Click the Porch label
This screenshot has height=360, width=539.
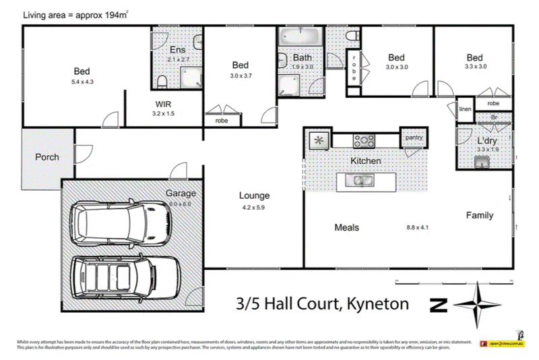click(x=46, y=157)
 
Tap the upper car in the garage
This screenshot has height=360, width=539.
click(x=120, y=225)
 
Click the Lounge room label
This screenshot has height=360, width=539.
click(x=254, y=196)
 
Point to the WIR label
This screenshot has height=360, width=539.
click(x=163, y=104)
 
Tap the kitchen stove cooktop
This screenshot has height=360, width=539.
click(x=364, y=140)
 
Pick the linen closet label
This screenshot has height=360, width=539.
click(x=465, y=109)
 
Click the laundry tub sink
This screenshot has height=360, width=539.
click(x=482, y=162)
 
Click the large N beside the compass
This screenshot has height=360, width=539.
click(x=439, y=305)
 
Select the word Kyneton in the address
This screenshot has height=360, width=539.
click(x=378, y=303)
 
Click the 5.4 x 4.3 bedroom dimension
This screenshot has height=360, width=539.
click(x=82, y=82)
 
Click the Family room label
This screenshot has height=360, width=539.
click(x=480, y=216)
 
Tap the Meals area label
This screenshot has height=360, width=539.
click(x=346, y=227)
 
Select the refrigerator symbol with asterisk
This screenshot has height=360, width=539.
click(x=319, y=141)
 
